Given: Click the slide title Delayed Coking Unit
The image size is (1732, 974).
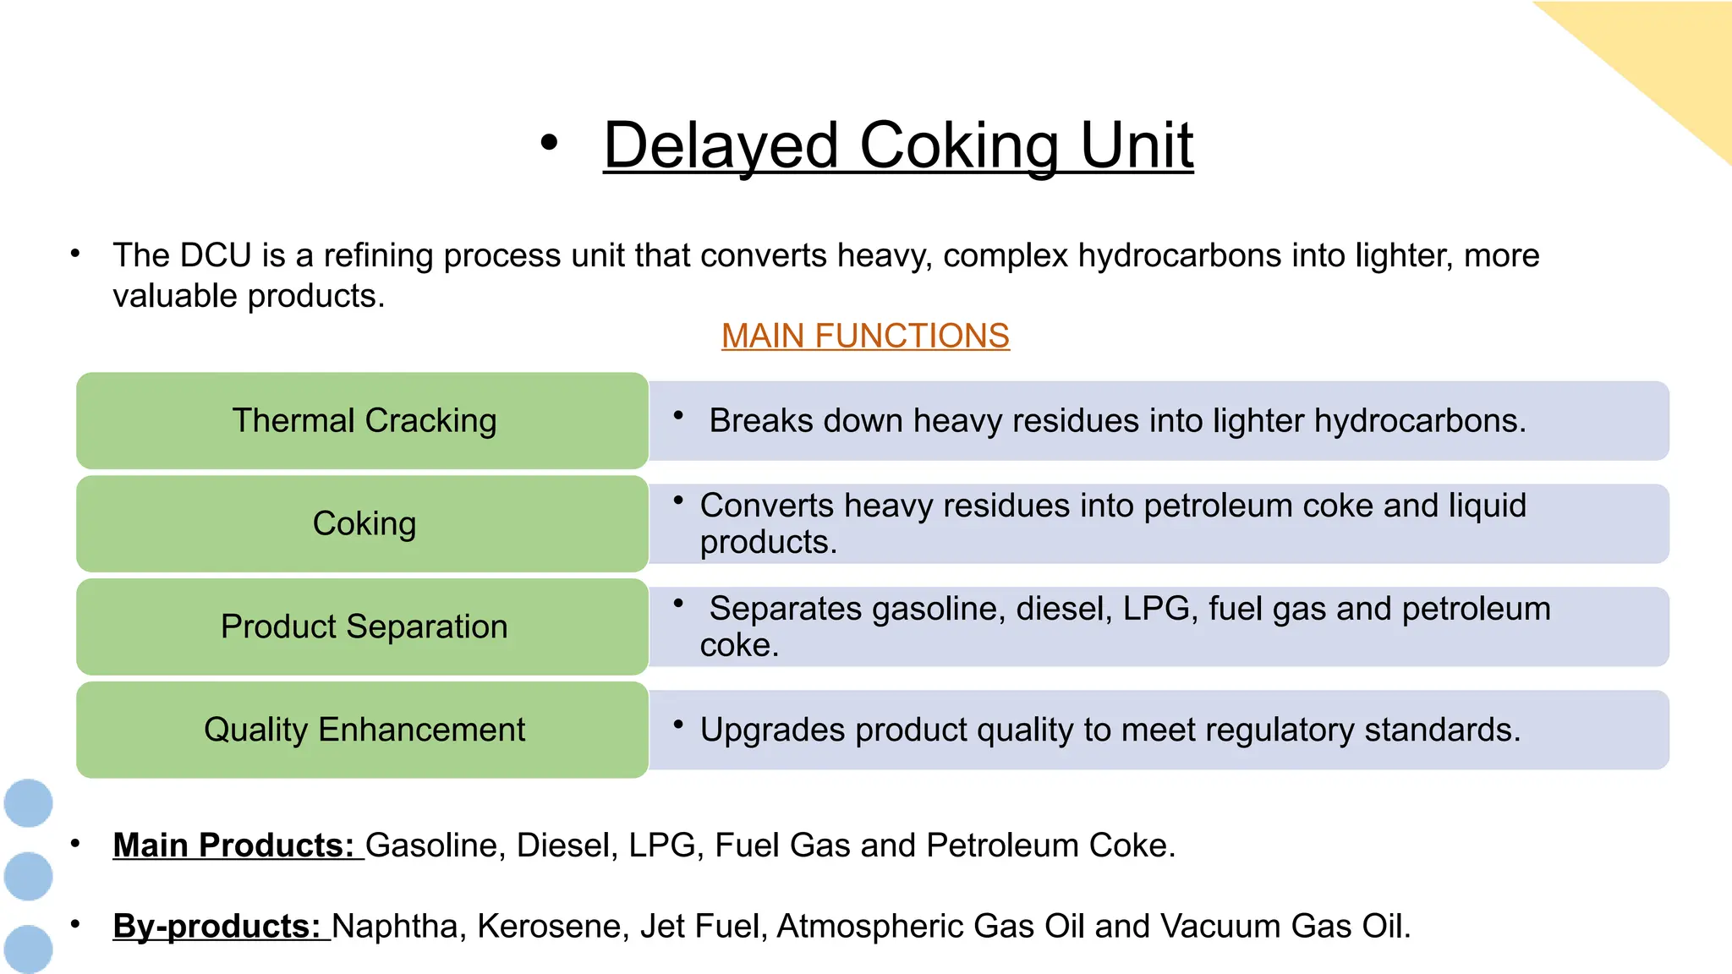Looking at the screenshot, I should tap(897, 145).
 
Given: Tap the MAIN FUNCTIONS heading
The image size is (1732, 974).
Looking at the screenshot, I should tap(865, 336).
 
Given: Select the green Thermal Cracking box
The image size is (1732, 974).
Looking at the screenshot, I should tap(363, 420).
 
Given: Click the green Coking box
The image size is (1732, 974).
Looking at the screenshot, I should tap(363, 523).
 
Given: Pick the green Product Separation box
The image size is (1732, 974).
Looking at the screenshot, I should tap(363, 627).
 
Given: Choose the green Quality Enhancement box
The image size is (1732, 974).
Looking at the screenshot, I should tap(363, 730).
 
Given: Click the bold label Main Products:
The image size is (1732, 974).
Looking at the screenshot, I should tap(233, 845).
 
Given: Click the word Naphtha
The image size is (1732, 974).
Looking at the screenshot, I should tap(394, 926).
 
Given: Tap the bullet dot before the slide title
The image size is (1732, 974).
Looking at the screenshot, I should tap(549, 143).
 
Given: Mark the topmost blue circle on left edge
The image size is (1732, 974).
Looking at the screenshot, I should tap(29, 802).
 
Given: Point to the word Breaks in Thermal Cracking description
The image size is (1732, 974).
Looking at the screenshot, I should tap(761, 420).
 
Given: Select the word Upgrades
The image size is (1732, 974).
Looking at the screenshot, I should tap(772, 730).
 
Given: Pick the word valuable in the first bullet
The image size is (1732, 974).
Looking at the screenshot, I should tap(174, 296).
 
